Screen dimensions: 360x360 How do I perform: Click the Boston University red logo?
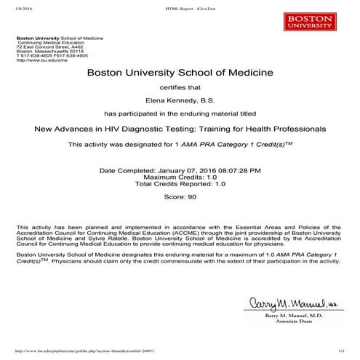(x=324, y=20)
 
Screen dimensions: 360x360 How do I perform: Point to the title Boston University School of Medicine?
(x=180, y=73)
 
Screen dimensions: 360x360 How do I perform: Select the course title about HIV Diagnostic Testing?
(x=180, y=129)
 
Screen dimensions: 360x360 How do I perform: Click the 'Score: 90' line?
(x=180, y=196)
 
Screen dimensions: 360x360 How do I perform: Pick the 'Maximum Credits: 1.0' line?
(x=180, y=177)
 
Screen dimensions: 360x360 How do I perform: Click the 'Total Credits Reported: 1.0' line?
(x=180, y=184)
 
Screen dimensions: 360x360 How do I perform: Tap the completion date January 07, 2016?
(x=180, y=169)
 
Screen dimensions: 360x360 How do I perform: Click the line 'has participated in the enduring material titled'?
(x=180, y=114)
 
